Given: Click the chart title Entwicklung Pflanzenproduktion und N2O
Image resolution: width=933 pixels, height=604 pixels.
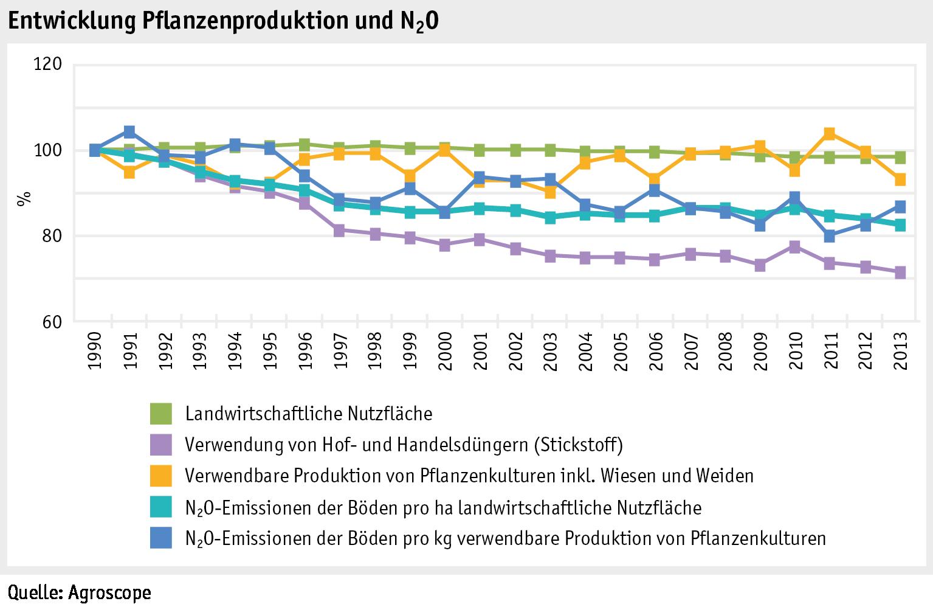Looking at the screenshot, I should pos(222,22).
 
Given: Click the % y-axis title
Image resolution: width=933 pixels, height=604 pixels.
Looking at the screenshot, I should pos(24,199).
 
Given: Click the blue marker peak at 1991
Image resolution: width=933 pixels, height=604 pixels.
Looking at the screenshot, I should pos(129,132).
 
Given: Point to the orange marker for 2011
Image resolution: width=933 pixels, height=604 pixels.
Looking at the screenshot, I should pos(829,134).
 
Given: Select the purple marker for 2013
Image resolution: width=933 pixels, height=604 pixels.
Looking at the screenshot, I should pos(899,272).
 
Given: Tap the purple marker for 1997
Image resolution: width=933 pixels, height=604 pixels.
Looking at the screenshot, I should pos(339,231).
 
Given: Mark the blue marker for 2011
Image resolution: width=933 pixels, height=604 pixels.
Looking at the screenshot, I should pos(829,236).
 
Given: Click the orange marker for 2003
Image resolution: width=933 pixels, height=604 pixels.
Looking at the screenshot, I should pos(549,192).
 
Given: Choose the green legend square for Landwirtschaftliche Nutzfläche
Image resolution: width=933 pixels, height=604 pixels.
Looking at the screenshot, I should pos(161,414).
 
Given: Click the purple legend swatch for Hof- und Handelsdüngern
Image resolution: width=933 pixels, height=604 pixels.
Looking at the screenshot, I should pos(161,445).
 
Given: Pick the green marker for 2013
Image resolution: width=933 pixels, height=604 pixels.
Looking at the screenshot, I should pos(899,158).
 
